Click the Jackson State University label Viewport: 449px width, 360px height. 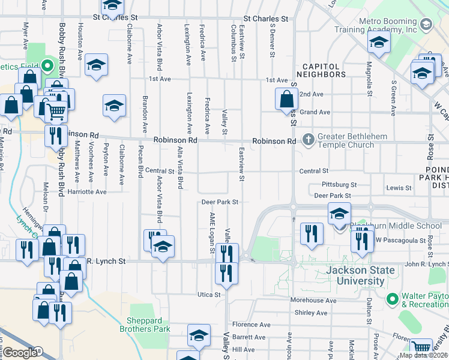pyautogui.click(x=355, y=275)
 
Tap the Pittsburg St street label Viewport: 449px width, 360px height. pyautogui.click(x=339, y=185)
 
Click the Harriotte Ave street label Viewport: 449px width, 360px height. pyautogui.click(x=86, y=192)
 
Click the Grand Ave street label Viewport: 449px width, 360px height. pyautogui.click(x=315, y=112)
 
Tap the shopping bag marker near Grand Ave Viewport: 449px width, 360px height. pyautogui.click(x=287, y=98)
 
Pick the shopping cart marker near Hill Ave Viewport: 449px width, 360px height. pyautogui.click(x=421, y=347)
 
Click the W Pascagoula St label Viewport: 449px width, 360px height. pyautogui.click(x=396, y=240)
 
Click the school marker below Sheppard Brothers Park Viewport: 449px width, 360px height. pyautogui.click(x=199, y=336)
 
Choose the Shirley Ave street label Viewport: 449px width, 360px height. pyautogui.click(x=311, y=313)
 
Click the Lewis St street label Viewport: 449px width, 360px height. pyautogui.click(x=399, y=188)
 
